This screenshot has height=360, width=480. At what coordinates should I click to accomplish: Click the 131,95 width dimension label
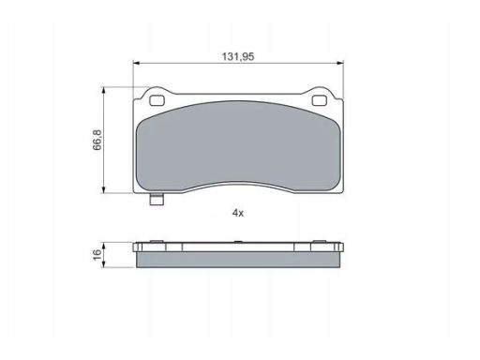238,56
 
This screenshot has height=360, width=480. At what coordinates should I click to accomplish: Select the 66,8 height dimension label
97,140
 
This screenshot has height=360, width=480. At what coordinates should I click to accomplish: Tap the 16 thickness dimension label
97,254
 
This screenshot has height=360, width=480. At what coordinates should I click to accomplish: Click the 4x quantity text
238,213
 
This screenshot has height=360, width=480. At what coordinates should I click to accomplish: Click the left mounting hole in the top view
157,100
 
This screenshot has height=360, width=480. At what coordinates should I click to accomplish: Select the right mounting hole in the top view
319,100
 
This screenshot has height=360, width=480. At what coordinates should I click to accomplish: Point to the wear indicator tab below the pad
157,199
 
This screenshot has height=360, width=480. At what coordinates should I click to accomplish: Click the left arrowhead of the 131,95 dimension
136,63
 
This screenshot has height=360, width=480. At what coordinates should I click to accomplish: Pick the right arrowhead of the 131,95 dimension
340,63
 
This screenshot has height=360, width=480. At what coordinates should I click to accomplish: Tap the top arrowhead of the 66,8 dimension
104,90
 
